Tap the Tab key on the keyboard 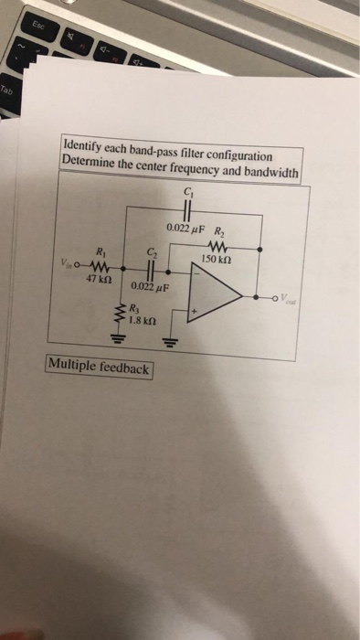7,91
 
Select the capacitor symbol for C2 152,271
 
